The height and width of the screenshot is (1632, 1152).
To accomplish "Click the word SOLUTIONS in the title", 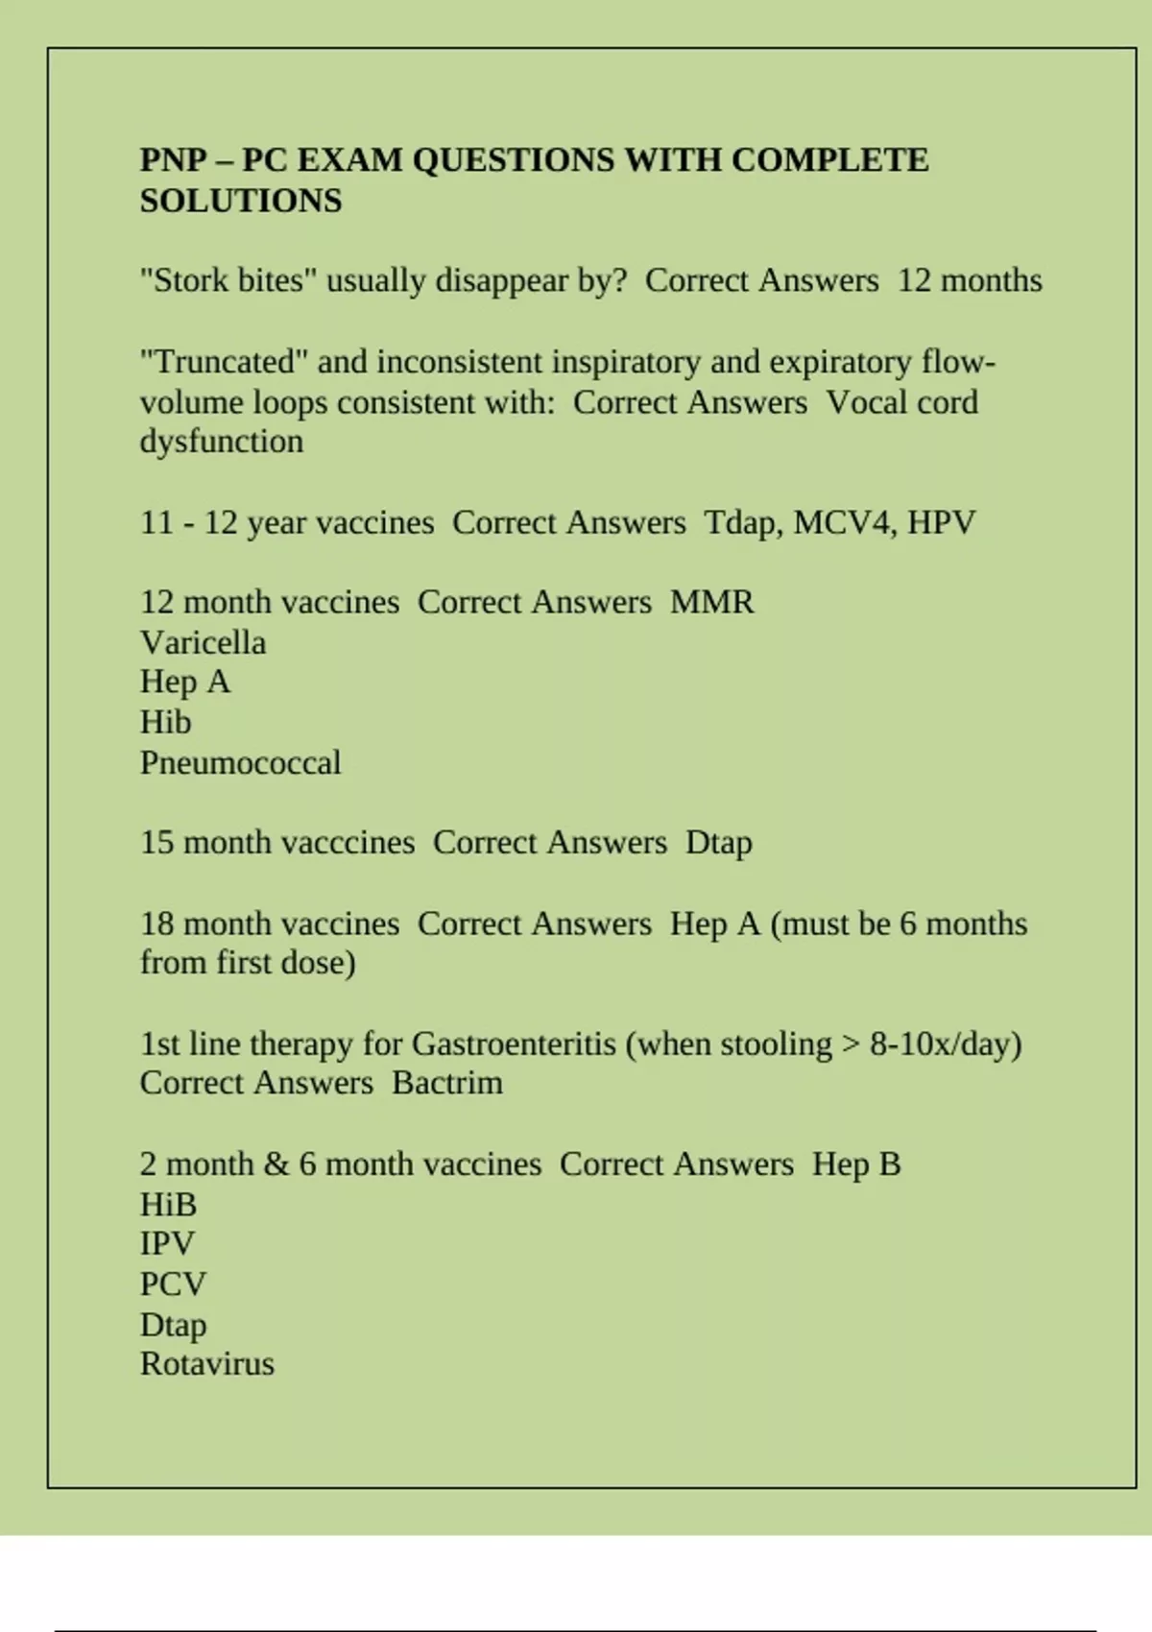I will (x=241, y=201).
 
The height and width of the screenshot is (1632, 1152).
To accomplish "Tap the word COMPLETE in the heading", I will (x=829, y=159).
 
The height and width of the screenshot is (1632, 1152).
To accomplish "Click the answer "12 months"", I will (x=970, y=281).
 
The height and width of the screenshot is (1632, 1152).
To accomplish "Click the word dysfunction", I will (x=222, y=442).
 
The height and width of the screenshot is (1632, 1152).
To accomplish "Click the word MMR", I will (x=711, y=603).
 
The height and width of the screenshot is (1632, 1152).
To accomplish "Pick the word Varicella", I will (x=203, y=642).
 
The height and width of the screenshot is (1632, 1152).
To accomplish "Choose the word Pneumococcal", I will (x=240, y=763).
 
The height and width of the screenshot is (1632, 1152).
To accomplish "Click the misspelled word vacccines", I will (x=299, y=843).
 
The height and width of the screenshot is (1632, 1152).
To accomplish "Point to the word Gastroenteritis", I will (x=514, y=1044).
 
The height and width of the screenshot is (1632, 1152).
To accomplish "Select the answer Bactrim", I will (x=447, y=1083).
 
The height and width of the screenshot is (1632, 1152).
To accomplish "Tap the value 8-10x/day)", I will (x=946, y=1044).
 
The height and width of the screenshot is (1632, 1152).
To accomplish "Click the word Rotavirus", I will (x=207, y=1364).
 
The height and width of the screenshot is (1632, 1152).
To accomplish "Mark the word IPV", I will (x=167, y=1244).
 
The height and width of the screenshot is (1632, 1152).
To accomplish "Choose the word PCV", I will (x=173, y=1284).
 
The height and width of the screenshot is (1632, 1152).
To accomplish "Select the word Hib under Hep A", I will (x=165, y=722).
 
